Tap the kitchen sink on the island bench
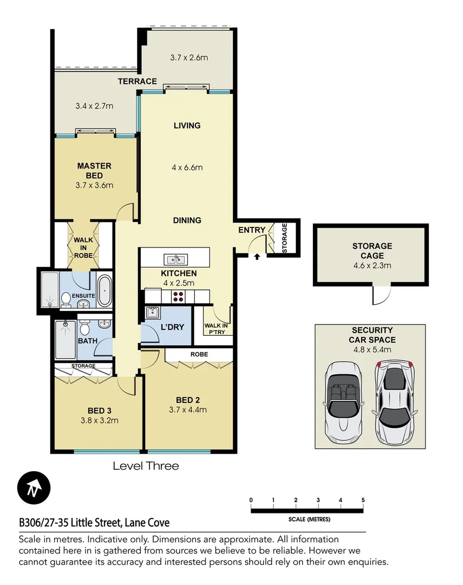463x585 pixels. (x=174, y=259)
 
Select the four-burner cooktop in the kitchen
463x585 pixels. (x=178, y=296)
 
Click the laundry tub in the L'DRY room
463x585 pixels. (x=153, y=313)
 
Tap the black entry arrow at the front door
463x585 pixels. (x=257, y=256)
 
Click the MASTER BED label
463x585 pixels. (x=94, y=171)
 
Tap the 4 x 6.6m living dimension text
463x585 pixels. (x=187, y=167)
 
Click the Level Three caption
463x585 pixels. (x=145, y=466)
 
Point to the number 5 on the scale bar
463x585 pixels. (x=363, y=500)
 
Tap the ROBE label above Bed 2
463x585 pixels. (x=199, y=354)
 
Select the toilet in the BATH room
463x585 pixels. (x=84, y=328)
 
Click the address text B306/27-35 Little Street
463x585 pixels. (x=94, y=523)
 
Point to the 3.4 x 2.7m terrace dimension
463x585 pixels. (x=94, y=106)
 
